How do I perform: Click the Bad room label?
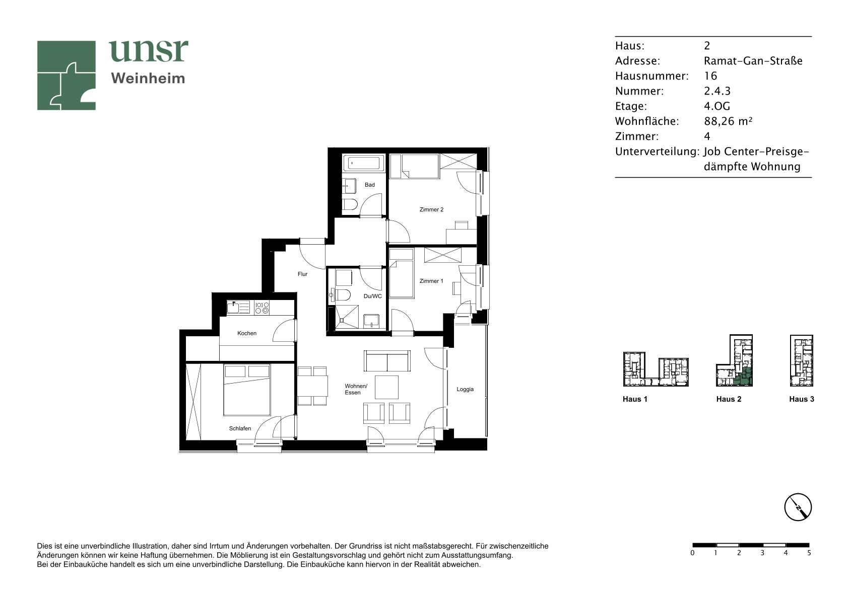click(369, 185)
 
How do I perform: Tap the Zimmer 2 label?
click(431, 209)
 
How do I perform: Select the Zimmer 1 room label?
click(431, 281)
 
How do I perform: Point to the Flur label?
click(302, 274)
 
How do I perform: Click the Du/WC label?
click(372, 296)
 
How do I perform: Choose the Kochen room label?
click(247, 333)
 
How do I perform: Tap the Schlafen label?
click(240, 428)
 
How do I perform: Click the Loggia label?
click(465, 389)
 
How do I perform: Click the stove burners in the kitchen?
click(262, 308)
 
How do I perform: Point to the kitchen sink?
click(238, 308)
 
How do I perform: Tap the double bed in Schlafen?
click(247, 390)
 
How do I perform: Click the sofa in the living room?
click(387, 361)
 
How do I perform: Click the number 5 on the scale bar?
click(809, 553)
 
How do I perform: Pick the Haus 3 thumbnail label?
click(802, 399)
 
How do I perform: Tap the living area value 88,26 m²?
click(728, 121)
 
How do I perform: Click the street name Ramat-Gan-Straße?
click(753, 61)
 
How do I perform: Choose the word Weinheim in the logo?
click(148, 79)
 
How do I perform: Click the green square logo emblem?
click(66, 76)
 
